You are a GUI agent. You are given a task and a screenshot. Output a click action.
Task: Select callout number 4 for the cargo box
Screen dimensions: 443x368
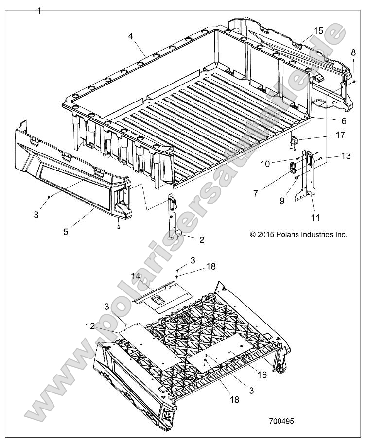[131, 36]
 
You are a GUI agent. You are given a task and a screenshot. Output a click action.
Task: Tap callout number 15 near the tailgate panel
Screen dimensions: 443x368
[318, 30]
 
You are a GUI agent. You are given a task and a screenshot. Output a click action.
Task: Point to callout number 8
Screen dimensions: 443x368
[353, 52]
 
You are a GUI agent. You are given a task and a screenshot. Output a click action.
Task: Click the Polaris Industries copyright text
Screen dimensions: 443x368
[298, 234]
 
